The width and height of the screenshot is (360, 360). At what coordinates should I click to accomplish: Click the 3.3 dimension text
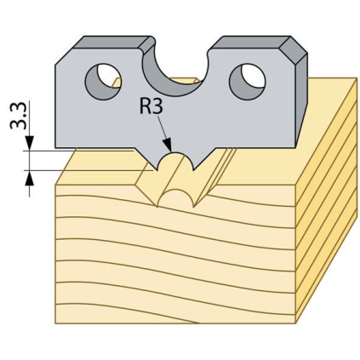tap(19, 116)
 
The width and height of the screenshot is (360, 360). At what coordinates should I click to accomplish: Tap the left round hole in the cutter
tap(103, 82)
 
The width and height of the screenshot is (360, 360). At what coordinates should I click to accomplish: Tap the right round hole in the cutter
tap(248, 82)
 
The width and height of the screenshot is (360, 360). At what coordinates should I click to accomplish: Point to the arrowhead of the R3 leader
tap(169, 145)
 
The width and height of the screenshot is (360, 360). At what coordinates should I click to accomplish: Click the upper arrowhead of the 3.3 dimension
tap(30, 142)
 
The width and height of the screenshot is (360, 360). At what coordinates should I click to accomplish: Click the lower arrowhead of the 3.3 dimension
tap(30, 179)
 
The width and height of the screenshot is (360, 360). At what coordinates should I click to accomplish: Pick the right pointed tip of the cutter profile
tap(193, 169)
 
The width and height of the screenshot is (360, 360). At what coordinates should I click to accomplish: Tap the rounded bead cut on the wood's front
tap(175, 198)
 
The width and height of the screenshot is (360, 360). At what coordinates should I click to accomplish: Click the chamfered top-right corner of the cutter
tap(294, 49)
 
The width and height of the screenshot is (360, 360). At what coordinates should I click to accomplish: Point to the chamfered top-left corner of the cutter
tap(65, 56)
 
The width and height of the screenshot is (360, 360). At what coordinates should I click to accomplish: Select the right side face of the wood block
tap(326, 198)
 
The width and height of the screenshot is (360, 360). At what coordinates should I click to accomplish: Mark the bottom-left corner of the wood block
tap(55, 323)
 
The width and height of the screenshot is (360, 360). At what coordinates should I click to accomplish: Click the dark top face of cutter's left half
tap(112, 42)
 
